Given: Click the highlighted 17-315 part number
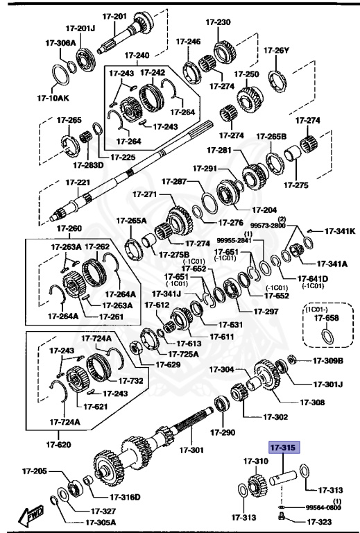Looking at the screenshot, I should [x=282, y=449].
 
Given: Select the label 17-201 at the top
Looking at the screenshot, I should [x=115, y=17].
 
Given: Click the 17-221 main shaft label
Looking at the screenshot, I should [x=78, y=183].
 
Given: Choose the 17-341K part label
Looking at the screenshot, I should [x=341, y=231].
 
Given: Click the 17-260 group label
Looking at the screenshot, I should [x=69, y=228].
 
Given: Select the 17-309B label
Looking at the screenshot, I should [x=328, y=360].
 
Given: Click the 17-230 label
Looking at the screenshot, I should [x=219, y=22].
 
